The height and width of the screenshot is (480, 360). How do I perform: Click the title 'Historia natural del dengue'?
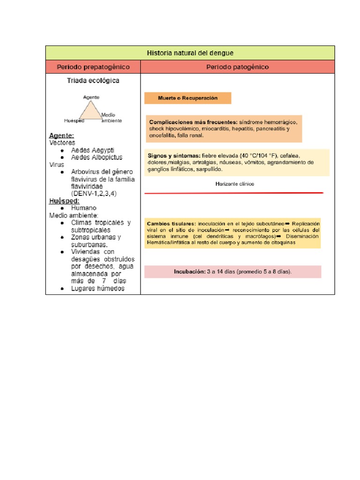tap(190, 53)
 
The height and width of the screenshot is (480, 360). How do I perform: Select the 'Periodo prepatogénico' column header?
tap(93, 67)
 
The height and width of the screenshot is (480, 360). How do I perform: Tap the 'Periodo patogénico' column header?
tap(238, 67)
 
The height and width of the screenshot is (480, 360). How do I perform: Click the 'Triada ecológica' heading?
tap(93, 81)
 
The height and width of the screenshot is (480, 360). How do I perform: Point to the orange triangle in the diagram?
tap(90, 112)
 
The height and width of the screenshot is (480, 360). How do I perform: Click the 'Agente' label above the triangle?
tap(91, 97)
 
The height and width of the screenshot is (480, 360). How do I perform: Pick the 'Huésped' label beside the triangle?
tap(74, 120)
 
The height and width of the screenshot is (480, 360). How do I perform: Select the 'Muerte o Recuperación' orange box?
tap(187, 98)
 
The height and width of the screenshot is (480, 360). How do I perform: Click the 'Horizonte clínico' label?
tap(234, 184)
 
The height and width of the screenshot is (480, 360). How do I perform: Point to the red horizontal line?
tap(234, 193)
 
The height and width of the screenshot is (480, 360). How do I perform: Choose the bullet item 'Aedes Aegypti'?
tap(92, 150)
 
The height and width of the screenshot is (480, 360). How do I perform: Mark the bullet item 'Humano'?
tap(84, 208)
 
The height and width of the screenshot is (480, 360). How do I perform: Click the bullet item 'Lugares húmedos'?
tap(97, 289)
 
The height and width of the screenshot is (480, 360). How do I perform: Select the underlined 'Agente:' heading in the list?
tap(61, 135)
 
